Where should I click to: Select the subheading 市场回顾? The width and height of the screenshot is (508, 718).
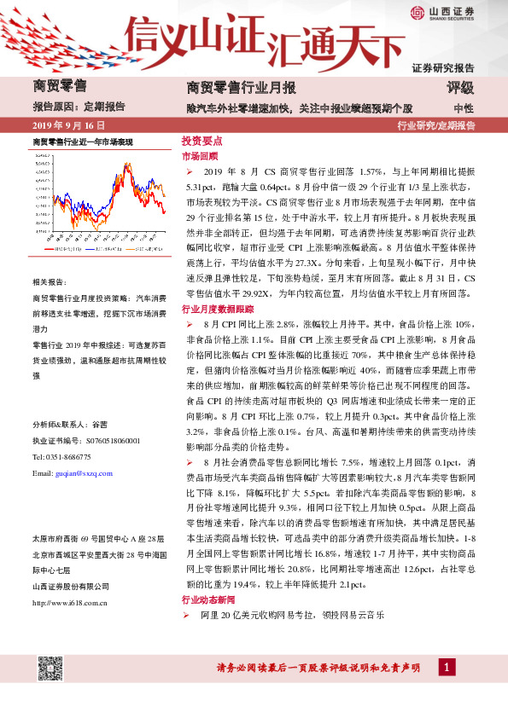click(x=200, y=156)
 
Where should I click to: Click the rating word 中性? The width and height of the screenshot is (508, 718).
click(x=464, y=108)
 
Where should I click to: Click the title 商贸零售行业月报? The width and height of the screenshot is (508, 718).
click(x=241, y=88)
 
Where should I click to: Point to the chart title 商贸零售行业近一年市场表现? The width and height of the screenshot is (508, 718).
click(x=82, y=142)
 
